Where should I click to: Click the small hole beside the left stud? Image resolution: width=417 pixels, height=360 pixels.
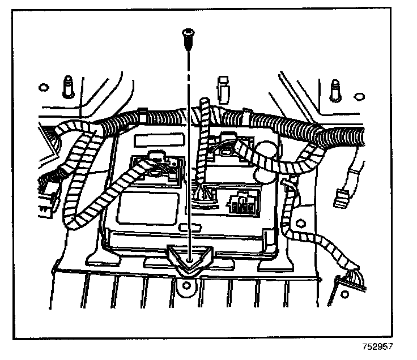pyautogui.click(x=42, y=87)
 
